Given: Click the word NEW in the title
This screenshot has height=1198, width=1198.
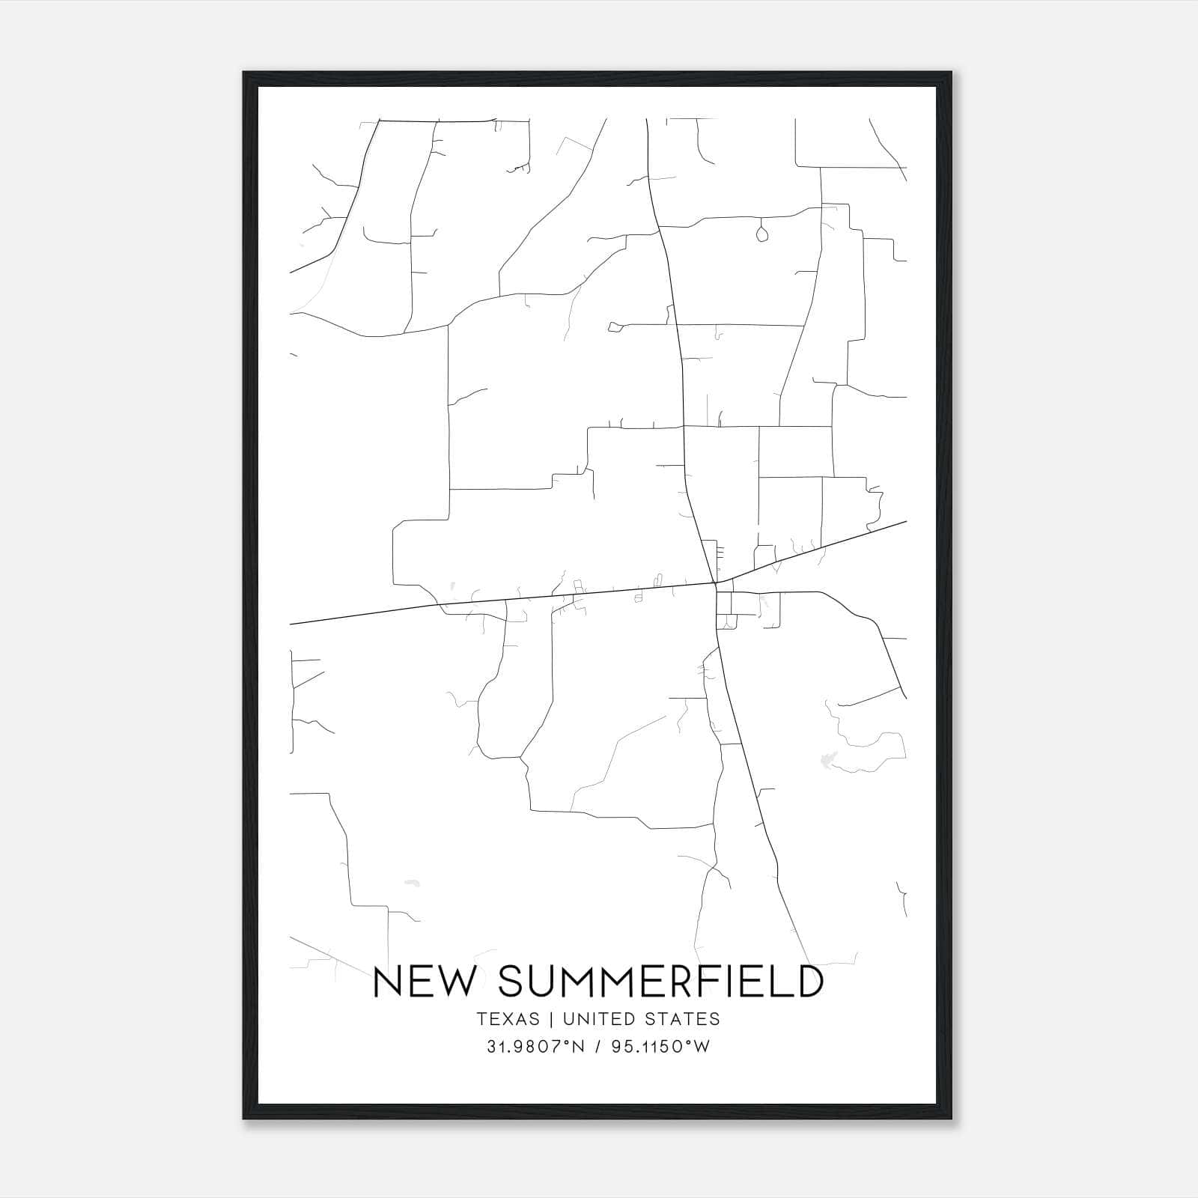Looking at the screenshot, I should [423, 982].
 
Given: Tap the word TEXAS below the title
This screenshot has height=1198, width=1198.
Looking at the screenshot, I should [507, 1019].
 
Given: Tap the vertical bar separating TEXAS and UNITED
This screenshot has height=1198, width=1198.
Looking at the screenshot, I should [551, 1019].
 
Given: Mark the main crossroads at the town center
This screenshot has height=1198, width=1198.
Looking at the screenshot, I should [714, 583].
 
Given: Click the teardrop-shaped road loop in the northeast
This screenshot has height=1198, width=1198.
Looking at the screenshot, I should [762, 234].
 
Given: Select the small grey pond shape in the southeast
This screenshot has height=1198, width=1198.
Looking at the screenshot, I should [827, 760].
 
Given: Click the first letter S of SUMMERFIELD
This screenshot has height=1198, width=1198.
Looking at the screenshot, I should [510, 982].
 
